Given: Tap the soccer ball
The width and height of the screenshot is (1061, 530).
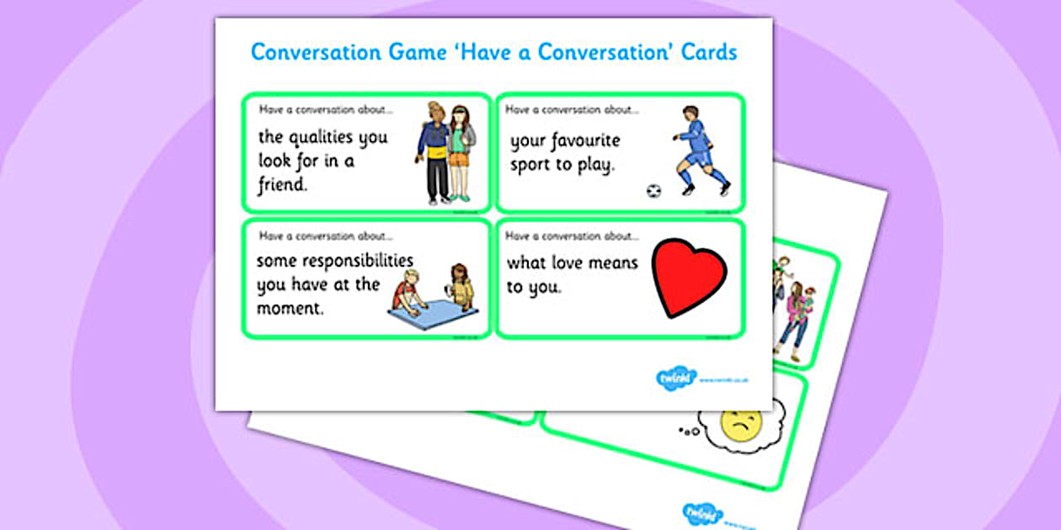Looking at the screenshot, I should point(653,191).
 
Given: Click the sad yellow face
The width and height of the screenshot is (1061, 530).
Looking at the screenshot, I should point(742,425).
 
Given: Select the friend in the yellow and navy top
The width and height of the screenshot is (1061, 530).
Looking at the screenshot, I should point(434,151).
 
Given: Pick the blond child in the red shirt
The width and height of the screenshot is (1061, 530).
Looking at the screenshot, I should point(408,290).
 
